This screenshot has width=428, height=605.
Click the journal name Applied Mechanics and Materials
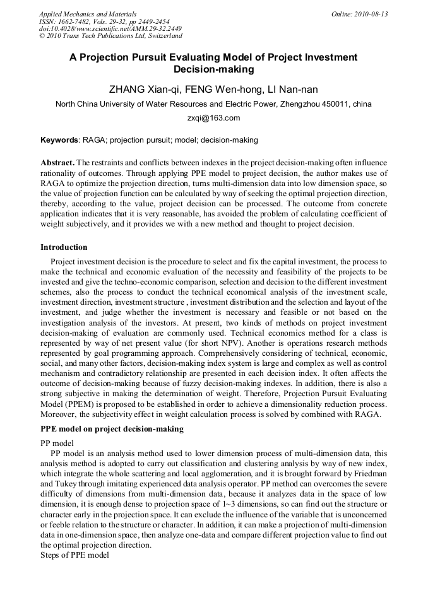click(88, 14)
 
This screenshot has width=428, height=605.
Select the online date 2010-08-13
click(371, 14)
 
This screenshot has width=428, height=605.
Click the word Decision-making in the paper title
click(213, 69)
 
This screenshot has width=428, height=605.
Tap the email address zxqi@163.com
click(213, 118)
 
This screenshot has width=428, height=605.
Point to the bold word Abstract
click(57, 163)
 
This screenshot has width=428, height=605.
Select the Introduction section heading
click(64, 247)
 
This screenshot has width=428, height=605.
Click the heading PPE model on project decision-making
click(112, 429)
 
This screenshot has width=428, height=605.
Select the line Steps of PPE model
click(74, 555)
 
